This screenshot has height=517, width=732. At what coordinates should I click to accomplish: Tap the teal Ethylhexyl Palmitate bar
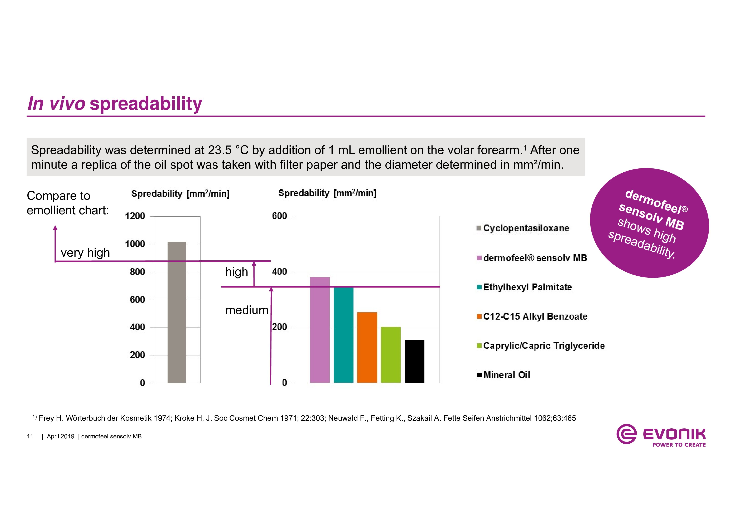click(x=343, y=334)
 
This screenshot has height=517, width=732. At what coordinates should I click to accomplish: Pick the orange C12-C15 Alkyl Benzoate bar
click(x=367, y=347)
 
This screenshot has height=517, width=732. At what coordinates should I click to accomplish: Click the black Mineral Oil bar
click(x=414, y=361)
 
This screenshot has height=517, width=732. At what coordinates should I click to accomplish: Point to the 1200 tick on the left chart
click(x=135, y=216)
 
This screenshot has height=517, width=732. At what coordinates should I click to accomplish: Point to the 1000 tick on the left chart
click(x=135, y=244)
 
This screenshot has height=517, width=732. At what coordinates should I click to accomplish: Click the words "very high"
click(x=85, y=253)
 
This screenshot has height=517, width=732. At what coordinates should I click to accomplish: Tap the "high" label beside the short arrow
click(x=237, y=272)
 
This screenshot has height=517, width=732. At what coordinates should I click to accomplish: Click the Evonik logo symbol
click(x=626, y=434)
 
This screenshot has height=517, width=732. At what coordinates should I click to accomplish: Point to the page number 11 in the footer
click(x=30, y=436)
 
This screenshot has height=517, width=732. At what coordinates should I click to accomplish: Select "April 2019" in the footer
click(x=61, y=436)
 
